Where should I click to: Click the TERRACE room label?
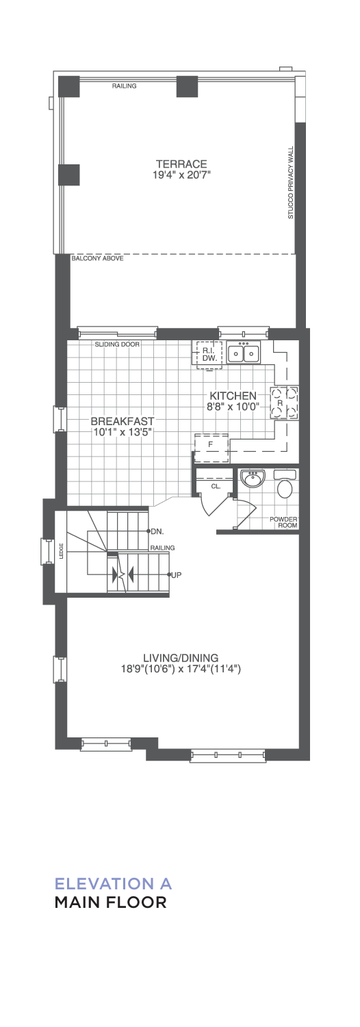(x=181, y=164)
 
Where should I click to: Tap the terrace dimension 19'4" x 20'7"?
(x=181, y=175)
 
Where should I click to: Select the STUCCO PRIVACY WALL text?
(x=290, y=183)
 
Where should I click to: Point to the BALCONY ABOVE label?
(x=97, y=259)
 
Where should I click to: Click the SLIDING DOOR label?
(x=117, y=344)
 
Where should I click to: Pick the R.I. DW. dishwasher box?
(x=209, y=355)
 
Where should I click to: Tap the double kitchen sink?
(x=243, y=353)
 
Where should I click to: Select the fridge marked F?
(x=211, y=448)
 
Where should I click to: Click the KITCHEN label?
(x=233, y=396)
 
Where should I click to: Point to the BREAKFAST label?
(x=122, y=421)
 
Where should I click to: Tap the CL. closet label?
(x=216, y=486)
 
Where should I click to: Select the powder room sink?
(x=252, y=479)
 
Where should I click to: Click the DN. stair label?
(x=157, y=532)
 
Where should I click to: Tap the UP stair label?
(x=176, y=574)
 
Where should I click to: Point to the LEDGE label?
(x=61, y=552)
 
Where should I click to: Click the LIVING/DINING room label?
(x=181, y=658)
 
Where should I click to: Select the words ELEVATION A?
(x=113, y=883)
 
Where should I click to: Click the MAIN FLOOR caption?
(x=110, y=902)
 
